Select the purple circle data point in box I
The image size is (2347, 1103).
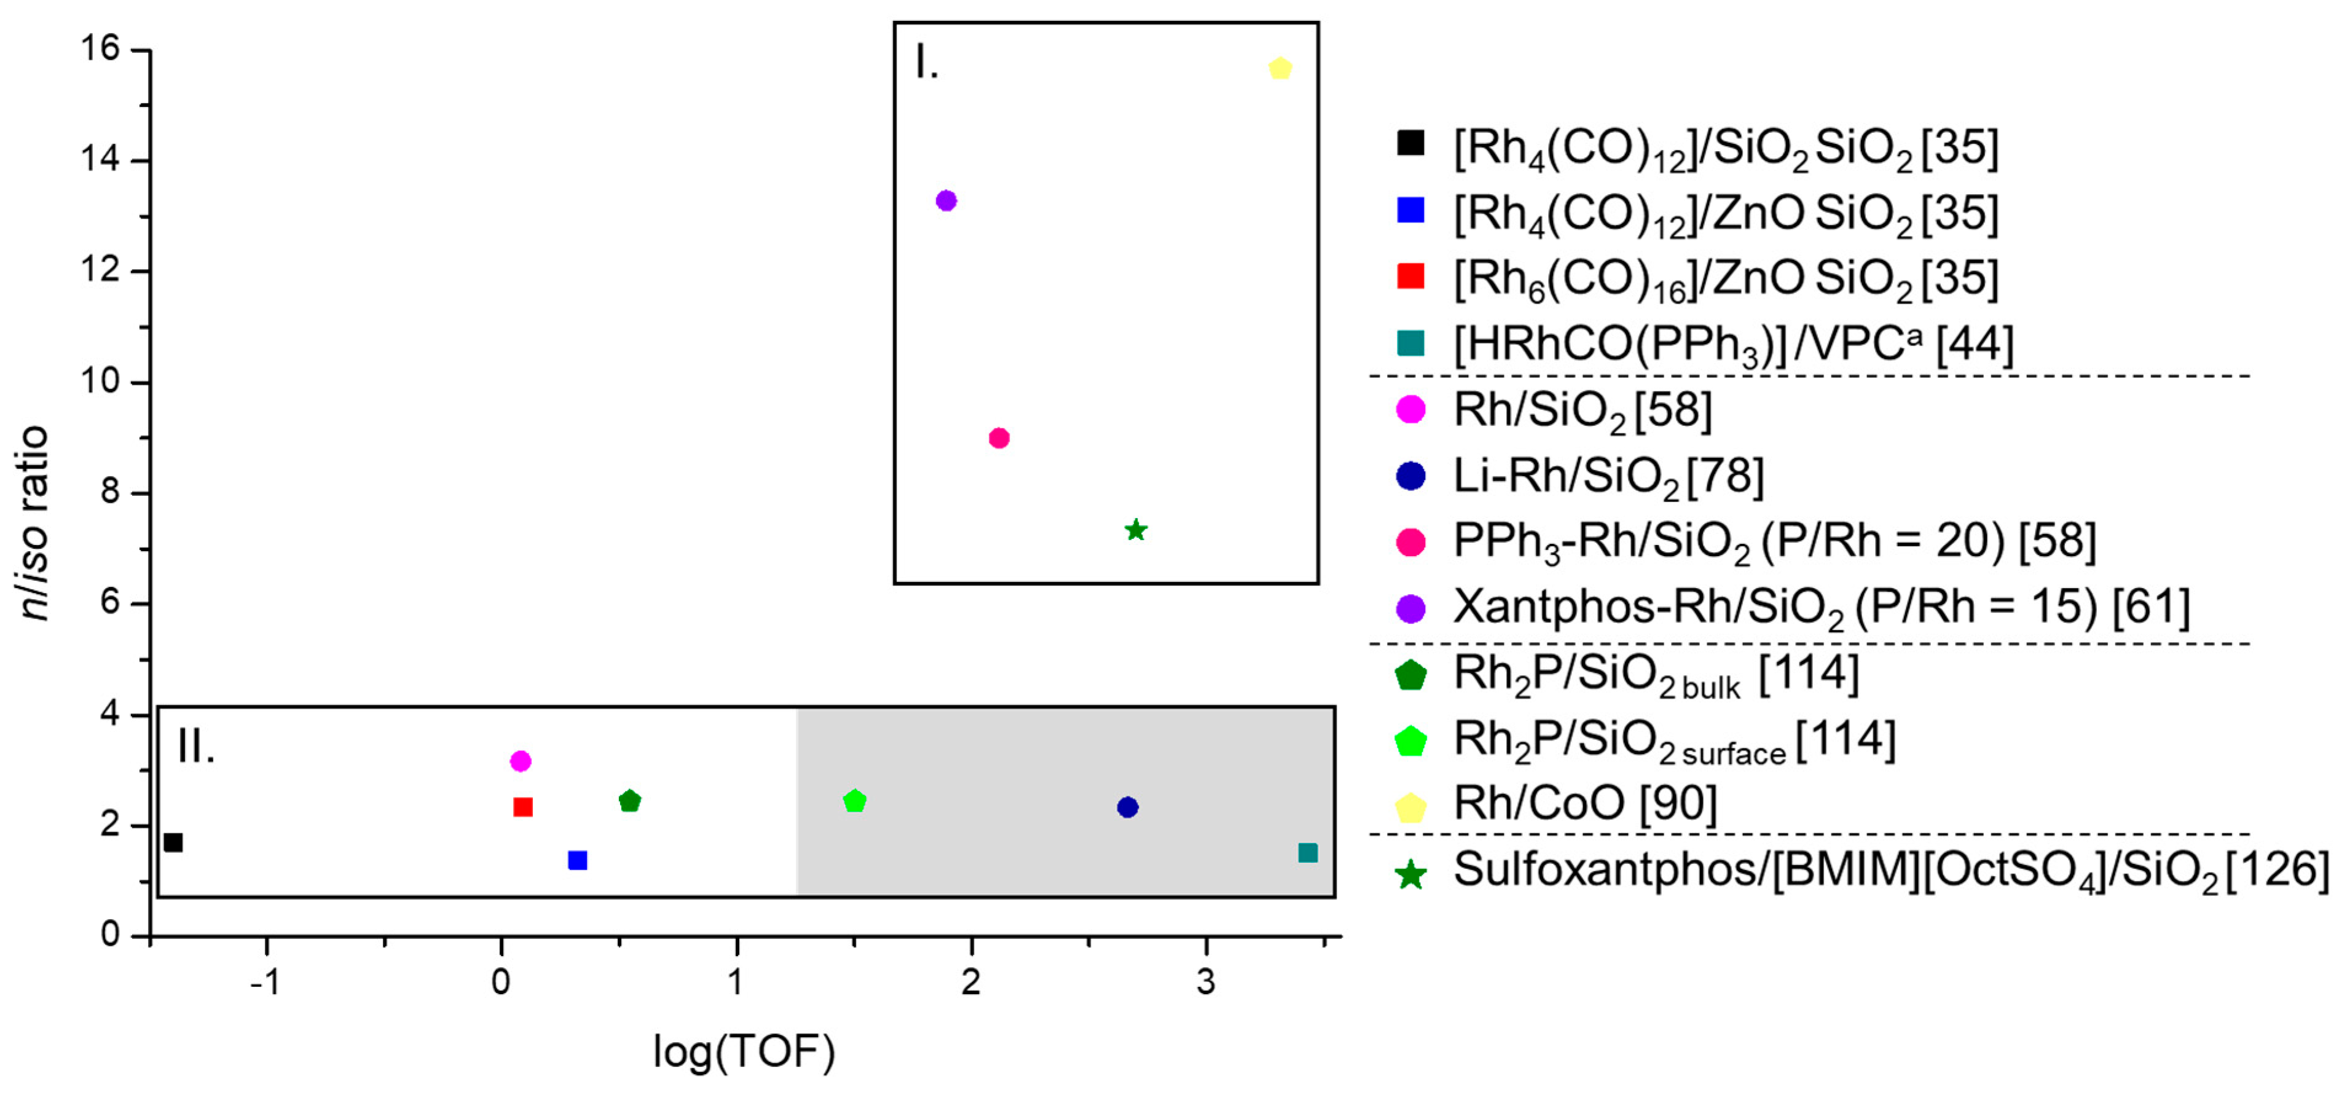[x=946, y=200]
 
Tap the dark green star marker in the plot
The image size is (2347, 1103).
[x=1135, y=530]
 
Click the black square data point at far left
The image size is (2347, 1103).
[x=173, y=842]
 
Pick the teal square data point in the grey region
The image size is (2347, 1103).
[x=1307, y=852]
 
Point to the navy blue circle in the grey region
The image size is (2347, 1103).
[x=1127, y=807]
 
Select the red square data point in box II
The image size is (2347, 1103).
[x=523, y=807]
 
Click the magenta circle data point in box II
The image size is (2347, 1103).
[x=521, y=761]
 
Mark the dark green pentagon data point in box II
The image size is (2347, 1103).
[x=629, y=801]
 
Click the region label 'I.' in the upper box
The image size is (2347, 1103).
[x=927, y=64]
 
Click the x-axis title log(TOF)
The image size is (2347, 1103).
[x=744, y=1052]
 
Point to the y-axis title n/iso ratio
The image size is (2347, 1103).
[x=34, y=523]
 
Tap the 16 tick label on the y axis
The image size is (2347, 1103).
[x=100, y=49]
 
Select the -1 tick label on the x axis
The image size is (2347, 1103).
[x=265, y=982]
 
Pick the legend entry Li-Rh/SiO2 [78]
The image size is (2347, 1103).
[x=1608, y=476]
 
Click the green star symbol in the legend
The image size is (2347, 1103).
[x=1410, y=874]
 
